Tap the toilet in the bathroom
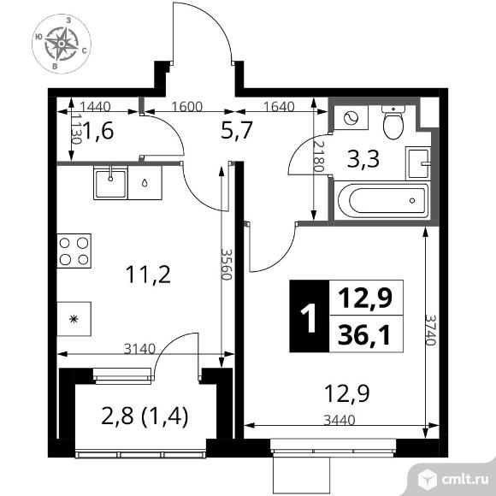click(393, 121)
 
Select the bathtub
click(381, 202)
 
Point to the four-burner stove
click(74, 252)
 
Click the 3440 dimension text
click(335, 422)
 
